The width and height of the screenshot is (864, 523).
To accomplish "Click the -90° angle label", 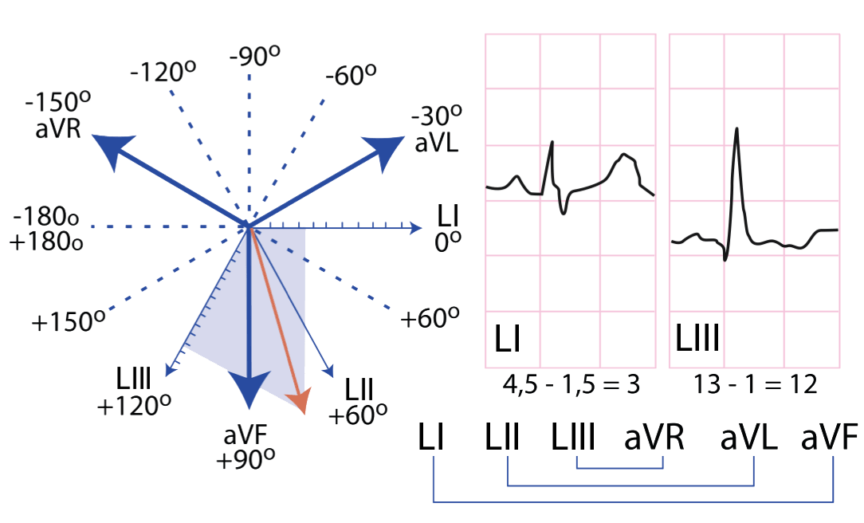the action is click(255, 56).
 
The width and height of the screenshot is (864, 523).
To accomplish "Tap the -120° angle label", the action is click(163, 72).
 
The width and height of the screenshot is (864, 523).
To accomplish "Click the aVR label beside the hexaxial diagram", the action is click(58, 128).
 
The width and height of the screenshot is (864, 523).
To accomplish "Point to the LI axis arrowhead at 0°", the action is click(415, 227).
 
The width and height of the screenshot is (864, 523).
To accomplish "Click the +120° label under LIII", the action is click(134, 407).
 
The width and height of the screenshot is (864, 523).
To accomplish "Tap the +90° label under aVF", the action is click(245, 459).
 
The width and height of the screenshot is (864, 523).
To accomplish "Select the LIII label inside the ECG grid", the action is click(697, 338).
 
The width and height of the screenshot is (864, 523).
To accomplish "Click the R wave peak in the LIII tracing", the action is click(736, 129).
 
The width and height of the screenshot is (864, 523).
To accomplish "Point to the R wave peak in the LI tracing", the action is click(552, 143).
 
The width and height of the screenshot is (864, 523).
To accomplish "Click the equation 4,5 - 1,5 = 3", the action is click(571, 384).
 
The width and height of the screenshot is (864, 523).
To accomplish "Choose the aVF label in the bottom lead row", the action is click(829, 437).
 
